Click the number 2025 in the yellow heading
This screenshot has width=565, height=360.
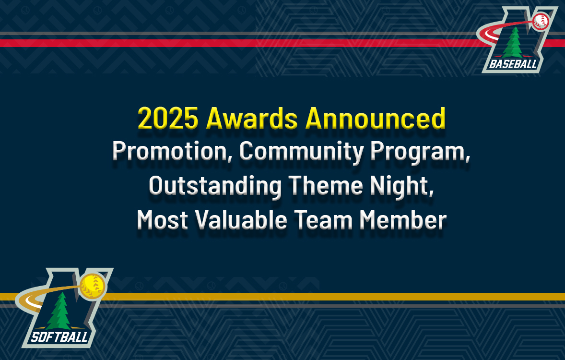tap(168, 118)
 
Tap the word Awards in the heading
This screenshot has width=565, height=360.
tap(252, 118)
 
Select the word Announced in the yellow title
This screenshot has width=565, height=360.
tap(376, 118)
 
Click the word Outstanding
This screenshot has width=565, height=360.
tap(215, 186)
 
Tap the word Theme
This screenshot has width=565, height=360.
tap(325, 185)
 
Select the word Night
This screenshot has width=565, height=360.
tap(402, 186)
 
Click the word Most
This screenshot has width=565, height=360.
tap(163, 220)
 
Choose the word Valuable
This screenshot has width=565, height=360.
tap(241, 220)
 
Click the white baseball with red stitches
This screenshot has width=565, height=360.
tap(541, 21)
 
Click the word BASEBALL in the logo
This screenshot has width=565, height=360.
tap(513, 65)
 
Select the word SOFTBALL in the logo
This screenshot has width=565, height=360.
tap(59, 337)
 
